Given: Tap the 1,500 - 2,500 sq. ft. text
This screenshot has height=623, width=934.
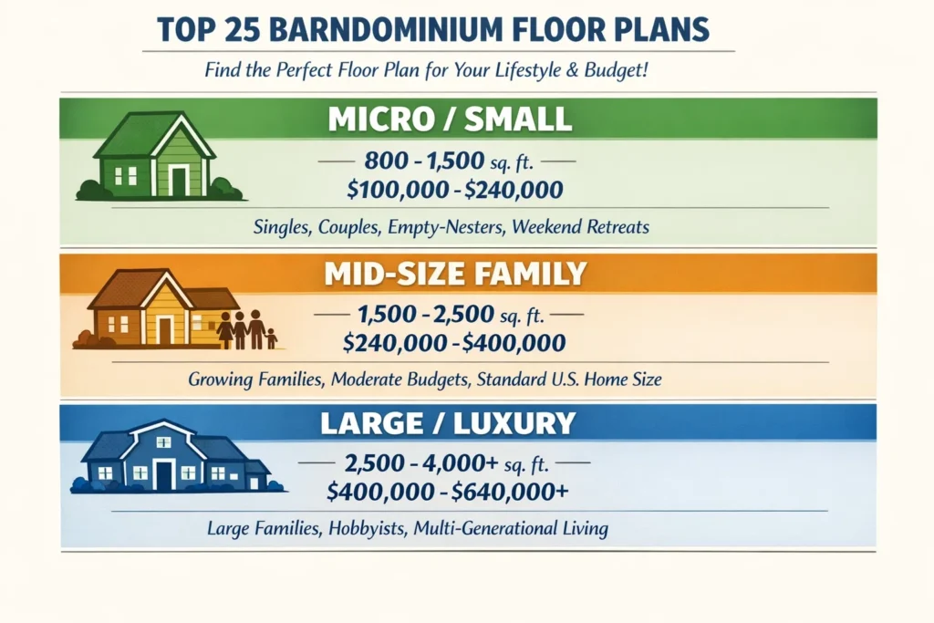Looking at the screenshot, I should click(450, 317).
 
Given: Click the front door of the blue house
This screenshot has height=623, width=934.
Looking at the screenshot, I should click(164, 475).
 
